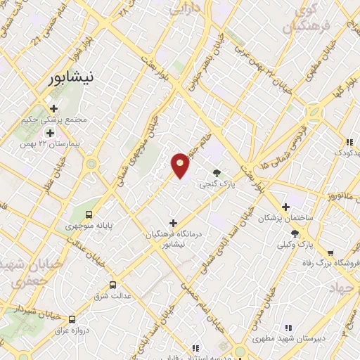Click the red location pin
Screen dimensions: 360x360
[180, 165]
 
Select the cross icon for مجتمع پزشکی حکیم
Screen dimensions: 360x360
[54, 108]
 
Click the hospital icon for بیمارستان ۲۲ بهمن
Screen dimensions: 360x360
[51, 132]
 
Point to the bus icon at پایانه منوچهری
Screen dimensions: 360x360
[89, 214]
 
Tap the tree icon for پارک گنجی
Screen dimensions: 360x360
[217, 173]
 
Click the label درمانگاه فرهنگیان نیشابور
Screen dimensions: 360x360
[173, 240]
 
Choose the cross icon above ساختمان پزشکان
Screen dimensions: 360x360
[285, 207]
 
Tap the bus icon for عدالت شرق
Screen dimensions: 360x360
[113, 285]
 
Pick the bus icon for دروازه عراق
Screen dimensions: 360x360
[72, 319]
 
